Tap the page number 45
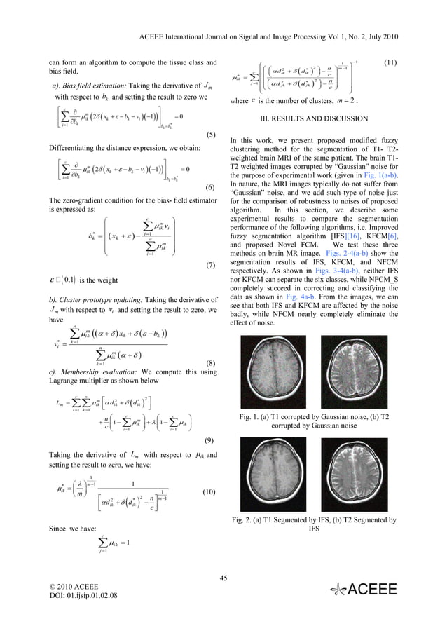point(224,578)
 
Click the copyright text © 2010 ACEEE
point(78,585)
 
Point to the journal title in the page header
point(279,15)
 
